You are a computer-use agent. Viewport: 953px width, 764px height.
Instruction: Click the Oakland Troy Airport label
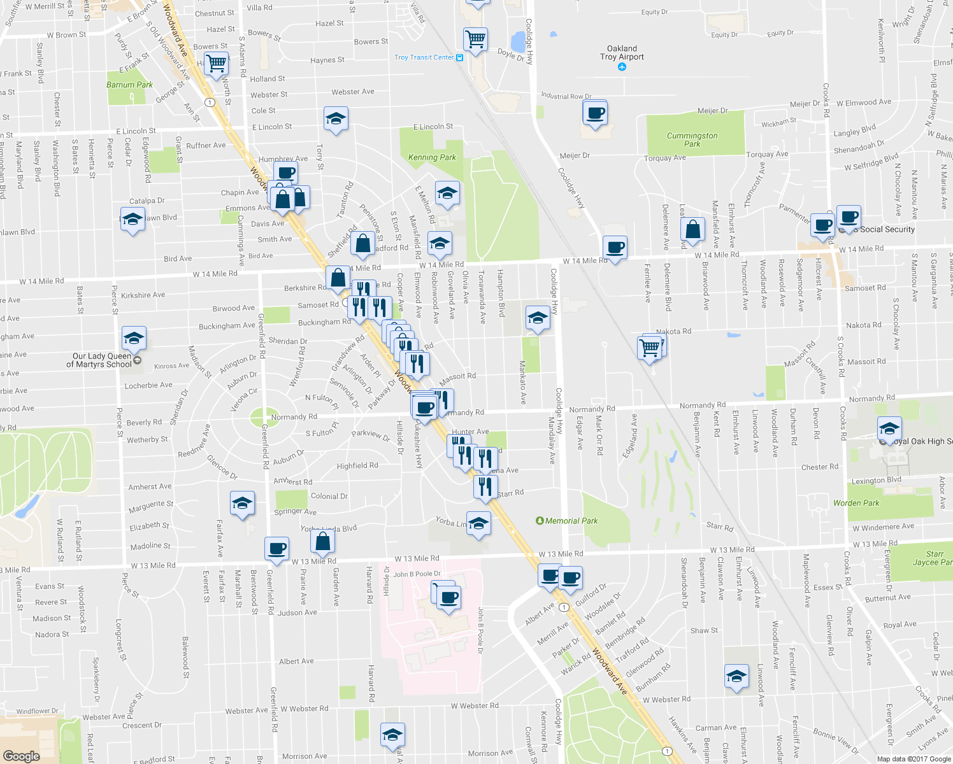(x=622, y=53)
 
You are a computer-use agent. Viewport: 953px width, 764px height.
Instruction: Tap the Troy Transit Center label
(x=424, y=57)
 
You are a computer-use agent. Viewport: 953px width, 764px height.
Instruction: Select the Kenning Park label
(x=432, y=157)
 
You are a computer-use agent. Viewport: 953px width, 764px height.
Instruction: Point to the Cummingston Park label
(x=692, y=139)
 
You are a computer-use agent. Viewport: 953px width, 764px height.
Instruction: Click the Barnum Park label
(x=129, y=85)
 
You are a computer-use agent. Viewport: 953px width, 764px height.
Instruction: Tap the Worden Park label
(x=856, y=503)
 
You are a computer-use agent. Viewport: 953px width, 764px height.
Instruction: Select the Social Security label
(x=887, y=229)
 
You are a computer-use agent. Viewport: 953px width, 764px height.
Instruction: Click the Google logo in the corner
(x=21, y=756)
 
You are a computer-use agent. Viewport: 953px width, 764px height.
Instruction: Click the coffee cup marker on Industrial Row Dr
(x=595, y=113)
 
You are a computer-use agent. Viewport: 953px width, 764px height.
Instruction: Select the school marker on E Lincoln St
(x=336, y=119)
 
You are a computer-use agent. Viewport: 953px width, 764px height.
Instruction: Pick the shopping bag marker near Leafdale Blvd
(x=693, y=229)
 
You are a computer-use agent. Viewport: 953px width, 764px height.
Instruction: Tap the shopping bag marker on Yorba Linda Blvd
(x=323, y=541)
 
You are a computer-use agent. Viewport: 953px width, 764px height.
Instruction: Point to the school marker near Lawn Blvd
(x=133, y=220)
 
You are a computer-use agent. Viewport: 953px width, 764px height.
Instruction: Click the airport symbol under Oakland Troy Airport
(x=622, y=66)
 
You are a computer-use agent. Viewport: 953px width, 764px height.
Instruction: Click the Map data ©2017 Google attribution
(x=914, y=759)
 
